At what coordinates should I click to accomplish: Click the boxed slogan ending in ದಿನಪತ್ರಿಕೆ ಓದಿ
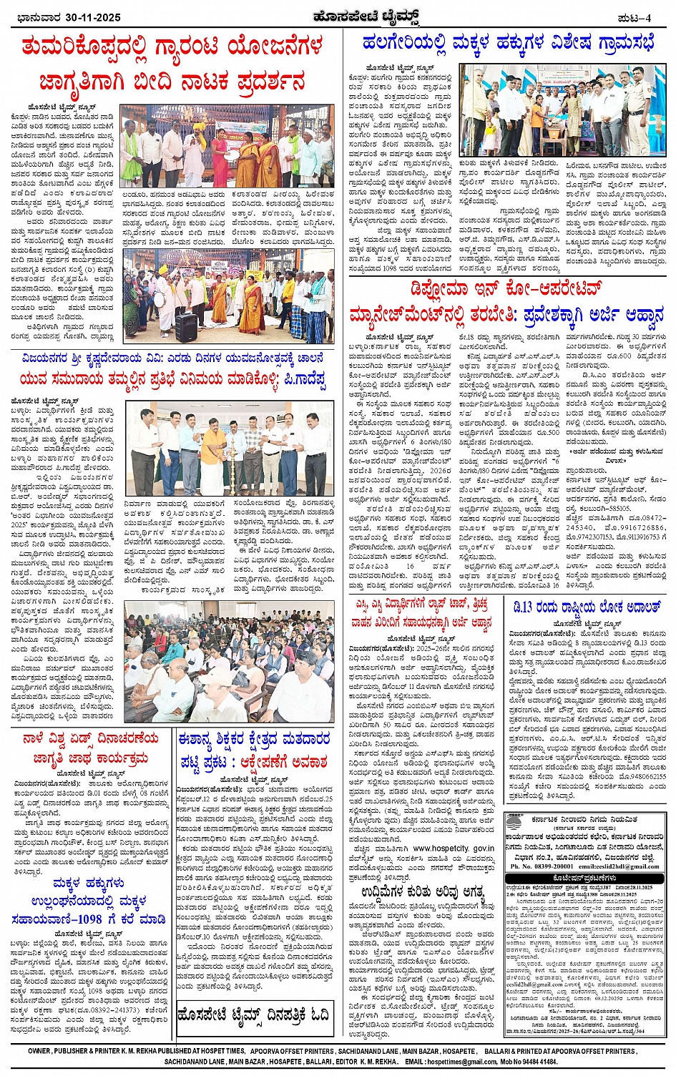[x=254, y=1015]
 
